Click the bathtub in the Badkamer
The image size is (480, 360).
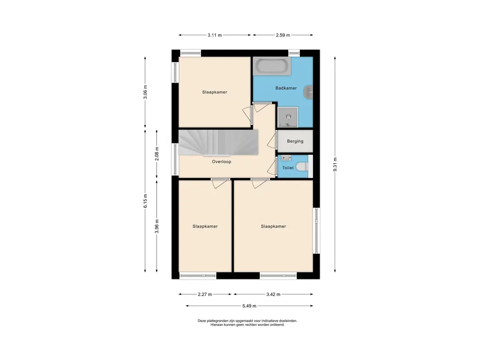click(x=272, y=66)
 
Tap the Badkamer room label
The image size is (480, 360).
click(x=286, y=88)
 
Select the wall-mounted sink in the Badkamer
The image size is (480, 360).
click(x=308, y=92)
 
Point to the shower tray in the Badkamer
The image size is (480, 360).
click(x=288, y=117)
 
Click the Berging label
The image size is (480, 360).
click(x=295, y=141)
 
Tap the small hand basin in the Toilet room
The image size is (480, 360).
click(x=286, y=158)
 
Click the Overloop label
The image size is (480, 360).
click(x=222, y=162)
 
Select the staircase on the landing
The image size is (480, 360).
click(x=218, y=142)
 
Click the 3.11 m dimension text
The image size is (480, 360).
click(x=215, y=35)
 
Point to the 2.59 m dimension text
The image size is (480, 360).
click(x=283, y=35)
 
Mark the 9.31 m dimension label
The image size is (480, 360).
click(x=335, y=165)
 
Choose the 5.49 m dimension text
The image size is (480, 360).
click(x=249, y=306)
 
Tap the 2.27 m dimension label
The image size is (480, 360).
click(x=205, y=294)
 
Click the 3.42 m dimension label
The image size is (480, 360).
click(x=273, y=294)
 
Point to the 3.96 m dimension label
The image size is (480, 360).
click(x=157, y=226)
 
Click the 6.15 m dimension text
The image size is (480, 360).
click(x=145, y=201)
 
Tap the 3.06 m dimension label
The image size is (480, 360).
click(x=145, y=92)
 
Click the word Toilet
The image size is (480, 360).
click(x=288, y=168)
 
